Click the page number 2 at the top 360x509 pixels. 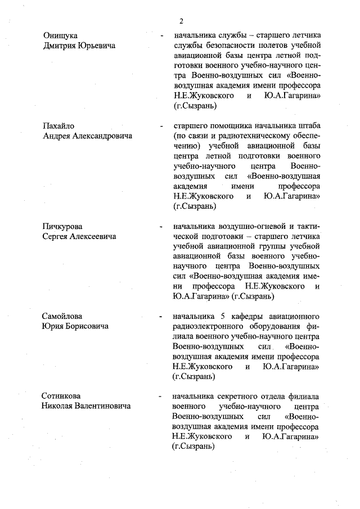tap(181, 21)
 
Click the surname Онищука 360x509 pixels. tap(60, 35)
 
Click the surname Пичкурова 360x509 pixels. tap(62, 227)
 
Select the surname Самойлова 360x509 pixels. tap(64, 315)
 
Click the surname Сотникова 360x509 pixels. tap(64, 395)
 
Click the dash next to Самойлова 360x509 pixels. tap(162, 316)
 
